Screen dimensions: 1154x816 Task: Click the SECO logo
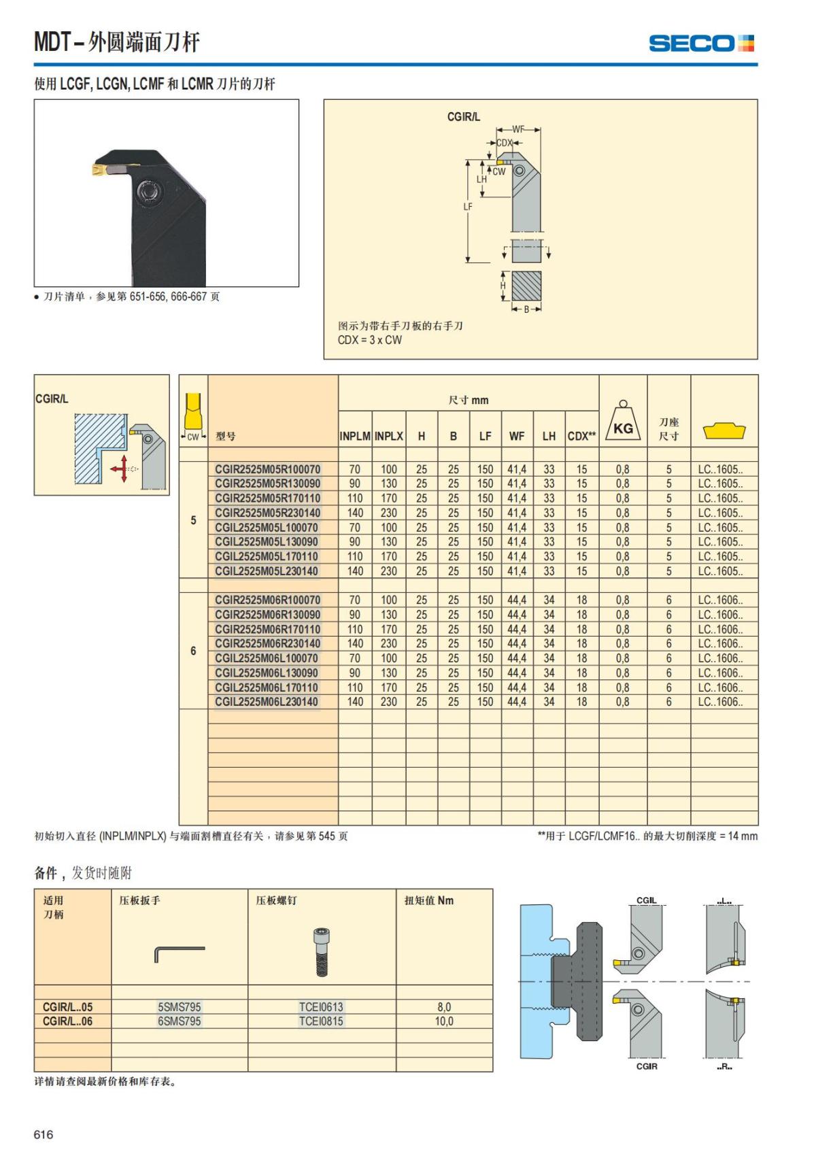(x=701, y=44)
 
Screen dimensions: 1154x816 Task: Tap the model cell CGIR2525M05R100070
(x=267, y=469)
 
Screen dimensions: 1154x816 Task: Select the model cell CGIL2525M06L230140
(x=267, y=702)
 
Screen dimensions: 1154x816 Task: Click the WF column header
(x=517, y=437)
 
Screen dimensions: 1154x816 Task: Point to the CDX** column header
(x=581, y=437)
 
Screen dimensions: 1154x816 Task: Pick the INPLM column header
(x=355, y=437)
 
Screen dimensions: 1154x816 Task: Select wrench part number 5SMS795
(x=180, y=1006)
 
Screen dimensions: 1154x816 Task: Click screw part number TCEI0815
(x=321, y=1021)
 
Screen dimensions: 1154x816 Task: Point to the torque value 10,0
(x=444, y=1021)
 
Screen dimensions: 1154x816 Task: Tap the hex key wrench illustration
(x=179, y=952)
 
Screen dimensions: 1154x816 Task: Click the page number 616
(x=44, y=1134)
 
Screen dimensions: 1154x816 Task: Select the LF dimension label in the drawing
(x=468, y=207)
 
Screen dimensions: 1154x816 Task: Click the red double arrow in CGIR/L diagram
(x=123, y=469)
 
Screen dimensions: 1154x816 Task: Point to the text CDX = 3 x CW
(x=369, y=340)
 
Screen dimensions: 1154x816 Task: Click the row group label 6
(x=193, y=651)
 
